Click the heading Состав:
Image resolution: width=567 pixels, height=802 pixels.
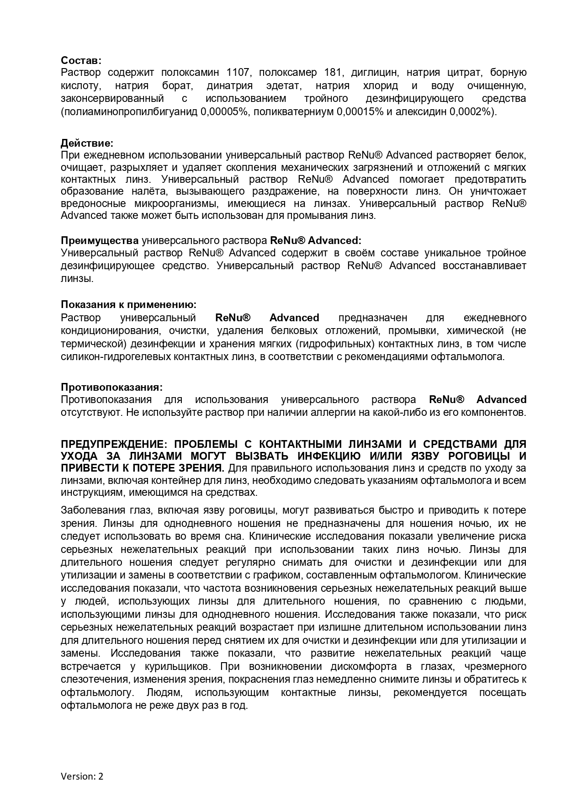[x=81, y=60]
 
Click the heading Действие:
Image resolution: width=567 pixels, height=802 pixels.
[x=87, y=143]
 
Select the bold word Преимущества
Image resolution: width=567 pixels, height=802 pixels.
[x=100, y=240]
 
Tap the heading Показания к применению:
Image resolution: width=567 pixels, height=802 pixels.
[x=129, y=304]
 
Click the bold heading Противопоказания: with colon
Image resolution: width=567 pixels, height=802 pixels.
[x=111, y=387]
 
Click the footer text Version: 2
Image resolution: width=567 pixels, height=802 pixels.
[x=82, y=776]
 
